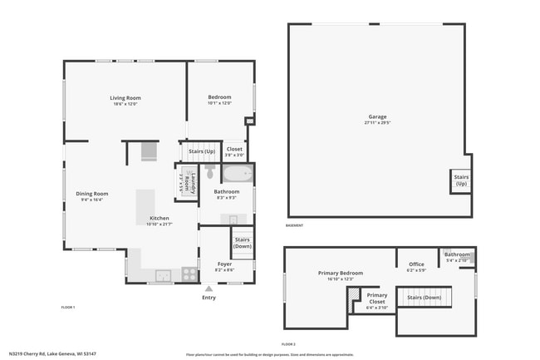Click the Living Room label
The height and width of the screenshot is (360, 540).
(x=125, y=98)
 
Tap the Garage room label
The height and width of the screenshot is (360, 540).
(x=377, y=116)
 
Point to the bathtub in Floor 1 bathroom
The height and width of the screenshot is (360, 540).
(x=237, y=175)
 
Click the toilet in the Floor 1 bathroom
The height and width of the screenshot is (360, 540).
(x=210, y=173)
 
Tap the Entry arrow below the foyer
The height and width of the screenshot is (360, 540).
(x=209, y=288)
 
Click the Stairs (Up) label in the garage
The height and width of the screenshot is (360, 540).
(x=459, y=180)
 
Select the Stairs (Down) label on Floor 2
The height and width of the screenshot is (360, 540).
(x=424, y=297)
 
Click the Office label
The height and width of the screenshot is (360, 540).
(x=415, y=264)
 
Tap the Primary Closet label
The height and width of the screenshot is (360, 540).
(x=377, y=295)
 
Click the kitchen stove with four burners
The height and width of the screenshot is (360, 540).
(x=189, y=273)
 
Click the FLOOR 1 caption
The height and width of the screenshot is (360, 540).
(x=68, y=308)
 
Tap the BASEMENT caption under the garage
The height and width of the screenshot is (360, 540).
(x=294, y=225)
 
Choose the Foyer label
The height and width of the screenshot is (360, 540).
(x=223, y=264)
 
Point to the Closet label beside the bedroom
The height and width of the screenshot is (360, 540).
(x=235, y=150)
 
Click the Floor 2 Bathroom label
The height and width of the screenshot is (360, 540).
(x=457, y=254)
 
